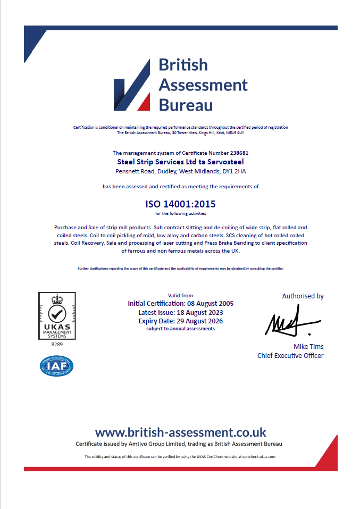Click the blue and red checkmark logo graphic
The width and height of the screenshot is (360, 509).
(x=132, y=85)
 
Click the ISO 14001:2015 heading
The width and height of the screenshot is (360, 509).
(x=180, y=204)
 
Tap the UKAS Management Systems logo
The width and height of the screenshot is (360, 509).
(x=57, y=316)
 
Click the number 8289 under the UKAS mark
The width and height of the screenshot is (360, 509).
(x=57, y=345)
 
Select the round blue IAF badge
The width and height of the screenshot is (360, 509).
(x=57, y=366)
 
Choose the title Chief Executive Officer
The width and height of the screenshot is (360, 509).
(x=290, y=355)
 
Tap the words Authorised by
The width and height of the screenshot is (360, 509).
(x=303, y=296)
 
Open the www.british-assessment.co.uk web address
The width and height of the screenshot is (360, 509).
(x=180, y=432)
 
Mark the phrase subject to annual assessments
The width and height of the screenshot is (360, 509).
(x=180, y=329)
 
